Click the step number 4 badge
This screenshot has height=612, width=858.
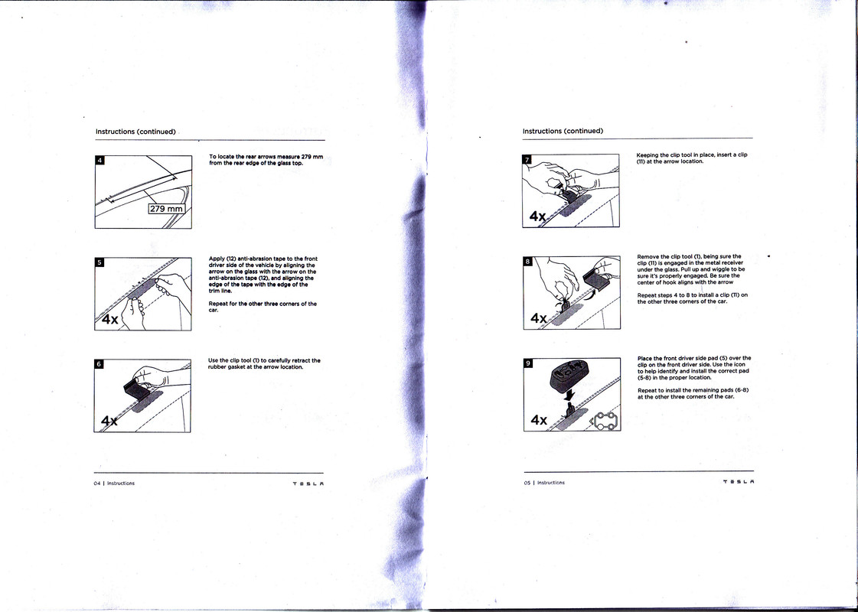[x=100, y=160]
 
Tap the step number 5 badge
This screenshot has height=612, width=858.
[x=100, y=262]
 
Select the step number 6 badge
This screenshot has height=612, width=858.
[x=100, y=363]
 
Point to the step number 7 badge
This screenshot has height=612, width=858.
[x=527, y=160]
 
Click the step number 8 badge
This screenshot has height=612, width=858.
[x=527, y=261]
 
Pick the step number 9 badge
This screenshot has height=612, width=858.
[x=527, y=363]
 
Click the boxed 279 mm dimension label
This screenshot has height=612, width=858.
[x=167, y=209]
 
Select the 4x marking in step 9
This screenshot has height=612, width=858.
[x=540, y=419]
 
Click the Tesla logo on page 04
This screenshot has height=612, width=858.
[x=308, y=483]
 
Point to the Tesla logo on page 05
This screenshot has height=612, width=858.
[x=737, y=483]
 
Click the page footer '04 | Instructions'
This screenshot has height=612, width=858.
[x=114, y=483]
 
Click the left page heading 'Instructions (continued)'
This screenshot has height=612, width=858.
[x=135, y=132]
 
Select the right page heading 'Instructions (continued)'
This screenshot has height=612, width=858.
[x=563, y=131]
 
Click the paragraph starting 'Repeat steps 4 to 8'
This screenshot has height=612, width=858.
[x=692, y=298]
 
